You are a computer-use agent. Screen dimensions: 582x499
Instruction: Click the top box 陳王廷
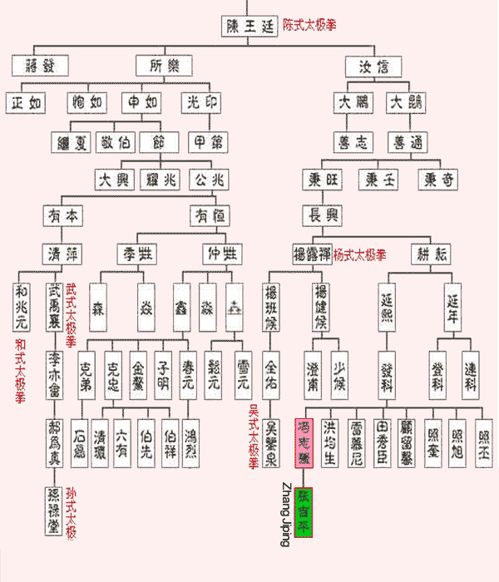[x=250, y=26]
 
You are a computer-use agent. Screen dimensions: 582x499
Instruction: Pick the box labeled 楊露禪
[x=312, y=252]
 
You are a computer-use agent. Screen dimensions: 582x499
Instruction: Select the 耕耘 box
[x=432, y=252]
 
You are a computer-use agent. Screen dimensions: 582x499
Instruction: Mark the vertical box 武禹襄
[x=55, y=303]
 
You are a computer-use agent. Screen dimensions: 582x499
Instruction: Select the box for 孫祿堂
[x=55, y=510]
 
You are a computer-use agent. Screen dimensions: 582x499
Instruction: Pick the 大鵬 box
[x=352, y=103]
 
